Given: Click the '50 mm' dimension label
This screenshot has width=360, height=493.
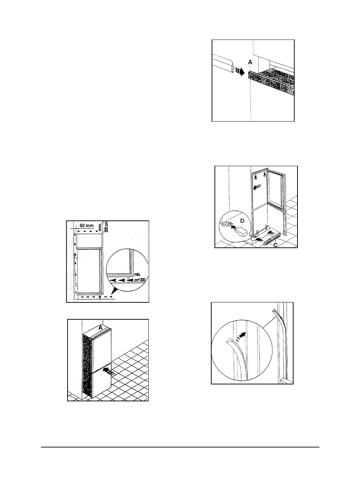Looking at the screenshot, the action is (x=87, y=225).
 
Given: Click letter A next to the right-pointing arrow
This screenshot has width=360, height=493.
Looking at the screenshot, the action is (x=250, y=63).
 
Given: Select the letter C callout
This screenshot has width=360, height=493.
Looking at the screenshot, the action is (x=275, y=245).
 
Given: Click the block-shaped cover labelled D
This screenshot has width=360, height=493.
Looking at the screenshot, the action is (x=241, y=232).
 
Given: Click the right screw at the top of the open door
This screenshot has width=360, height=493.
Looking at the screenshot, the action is (x=264, y=175).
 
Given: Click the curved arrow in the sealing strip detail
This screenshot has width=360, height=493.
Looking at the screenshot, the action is (x=241, y=336).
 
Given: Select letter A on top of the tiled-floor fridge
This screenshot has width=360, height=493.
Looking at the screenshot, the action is (x=100, y=328).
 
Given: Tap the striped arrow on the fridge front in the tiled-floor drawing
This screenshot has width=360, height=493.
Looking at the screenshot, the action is (x=108, y=371).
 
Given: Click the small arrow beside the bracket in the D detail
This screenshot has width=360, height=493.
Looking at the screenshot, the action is (x=234, y=226).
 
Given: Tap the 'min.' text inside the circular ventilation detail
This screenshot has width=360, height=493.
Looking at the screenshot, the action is (x=137, y=274).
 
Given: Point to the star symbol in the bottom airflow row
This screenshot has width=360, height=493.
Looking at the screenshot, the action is (x=100, y=297).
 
